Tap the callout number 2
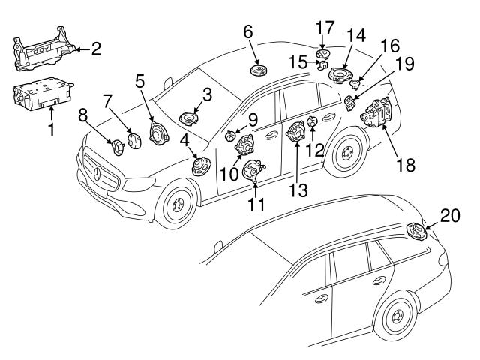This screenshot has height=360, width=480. click(x=95, y=50)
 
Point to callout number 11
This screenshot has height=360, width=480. click(x=256, y=203)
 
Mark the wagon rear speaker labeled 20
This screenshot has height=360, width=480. click(x=415, y=232)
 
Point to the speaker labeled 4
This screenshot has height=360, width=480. click(x=199, y=165)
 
